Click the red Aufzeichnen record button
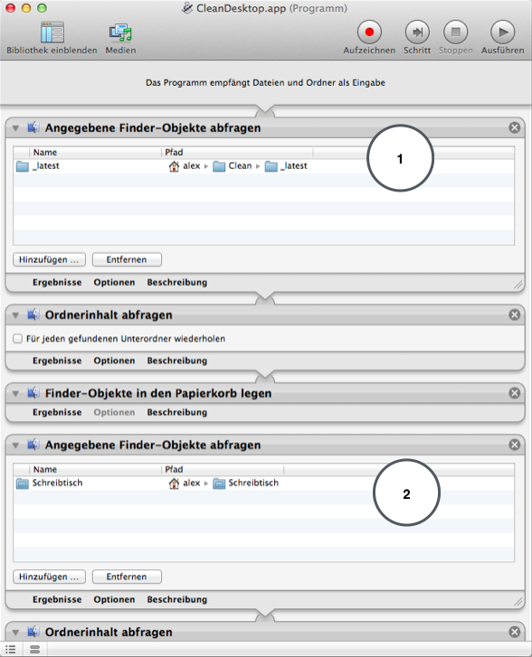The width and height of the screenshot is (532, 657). [369, 32]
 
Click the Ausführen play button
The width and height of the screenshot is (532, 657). [503, 32]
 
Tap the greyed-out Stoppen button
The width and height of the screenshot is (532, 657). [456, 32]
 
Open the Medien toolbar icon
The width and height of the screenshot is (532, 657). [120, 33]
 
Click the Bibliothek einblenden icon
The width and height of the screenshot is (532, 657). [52, 33]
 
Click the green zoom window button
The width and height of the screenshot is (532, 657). [42, 8]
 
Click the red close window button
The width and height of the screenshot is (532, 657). [11, 8]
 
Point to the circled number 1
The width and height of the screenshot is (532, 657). [400, 159]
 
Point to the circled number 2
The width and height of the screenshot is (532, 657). [406, 493]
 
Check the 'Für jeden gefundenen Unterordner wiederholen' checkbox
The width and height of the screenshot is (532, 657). [17, 339]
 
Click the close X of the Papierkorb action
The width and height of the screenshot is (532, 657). [515, 393]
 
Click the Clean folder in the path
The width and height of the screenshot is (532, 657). [232, 166]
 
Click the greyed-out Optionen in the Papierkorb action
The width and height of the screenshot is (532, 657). [114, 412]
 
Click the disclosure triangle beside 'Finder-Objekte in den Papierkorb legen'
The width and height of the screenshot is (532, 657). [16, 393]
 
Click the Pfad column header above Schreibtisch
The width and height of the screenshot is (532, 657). [174, 469]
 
